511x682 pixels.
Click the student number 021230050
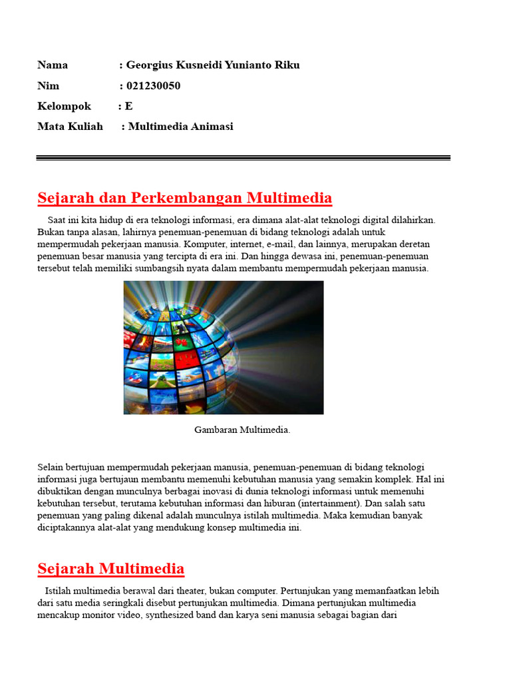click(x=153, y=85)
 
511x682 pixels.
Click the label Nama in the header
click(x=53, y=65)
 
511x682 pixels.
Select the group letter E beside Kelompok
click(x=129, y=106)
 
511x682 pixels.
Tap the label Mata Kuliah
click(x=70, y=126)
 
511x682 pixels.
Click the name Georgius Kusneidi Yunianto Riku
click(x=213, y=65)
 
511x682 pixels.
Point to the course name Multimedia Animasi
click(x=180, y=126)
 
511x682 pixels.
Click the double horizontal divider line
click(x=243, y=158)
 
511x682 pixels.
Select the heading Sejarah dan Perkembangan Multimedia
click(x=184, y=198)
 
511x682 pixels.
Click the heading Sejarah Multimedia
click(x=110, y=569)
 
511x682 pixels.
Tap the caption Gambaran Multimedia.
click(x=242, y=430)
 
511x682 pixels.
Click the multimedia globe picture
click(x=224, y=347)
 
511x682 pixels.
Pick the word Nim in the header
click(x=48, y=85)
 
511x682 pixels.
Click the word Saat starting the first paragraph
click(x=57, y=219)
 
